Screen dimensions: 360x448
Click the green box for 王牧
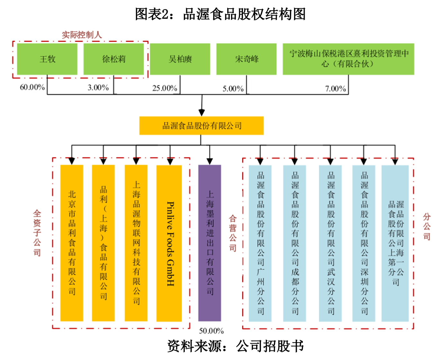(47, 59)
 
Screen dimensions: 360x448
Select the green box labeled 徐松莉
(113, 59)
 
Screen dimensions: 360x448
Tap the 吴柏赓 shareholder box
(180, 59)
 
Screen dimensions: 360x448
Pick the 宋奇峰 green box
(246, 59)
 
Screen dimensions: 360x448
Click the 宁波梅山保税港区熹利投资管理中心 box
(348, 59)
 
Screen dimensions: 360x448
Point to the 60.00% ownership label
(32, 87)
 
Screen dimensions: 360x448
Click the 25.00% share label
(165, 88)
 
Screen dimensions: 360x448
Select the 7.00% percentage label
(335, 89)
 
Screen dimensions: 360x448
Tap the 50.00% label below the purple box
(211, 331)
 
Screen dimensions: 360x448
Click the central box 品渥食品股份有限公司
(202, 126)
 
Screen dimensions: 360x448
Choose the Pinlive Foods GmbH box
(169, 243)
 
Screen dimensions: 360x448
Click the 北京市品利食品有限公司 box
(72, 243)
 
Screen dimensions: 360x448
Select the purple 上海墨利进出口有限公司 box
(210, 243)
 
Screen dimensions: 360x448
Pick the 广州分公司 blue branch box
(260, 243)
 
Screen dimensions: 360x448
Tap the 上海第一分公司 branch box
(395, 243)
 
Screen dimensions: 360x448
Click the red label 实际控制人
(82, 35)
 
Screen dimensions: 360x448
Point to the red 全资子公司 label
(37, 233)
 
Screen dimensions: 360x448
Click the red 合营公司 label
(233, 233)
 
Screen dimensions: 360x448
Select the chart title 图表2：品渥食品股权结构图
(220, 14)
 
